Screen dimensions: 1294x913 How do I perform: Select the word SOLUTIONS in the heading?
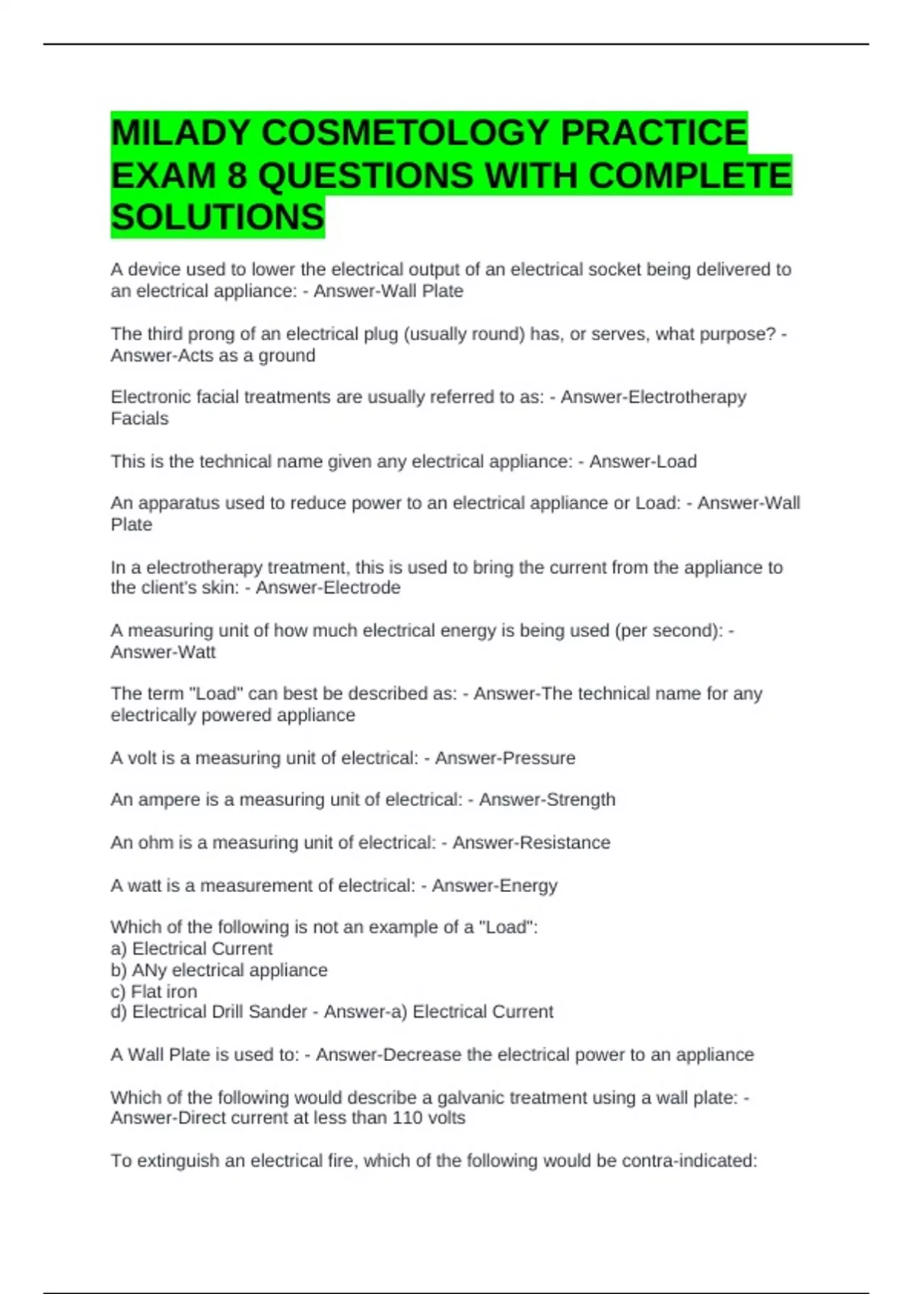218,218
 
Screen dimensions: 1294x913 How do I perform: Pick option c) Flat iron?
154,992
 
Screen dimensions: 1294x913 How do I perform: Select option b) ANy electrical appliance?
219,971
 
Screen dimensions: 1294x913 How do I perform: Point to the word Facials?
139,419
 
